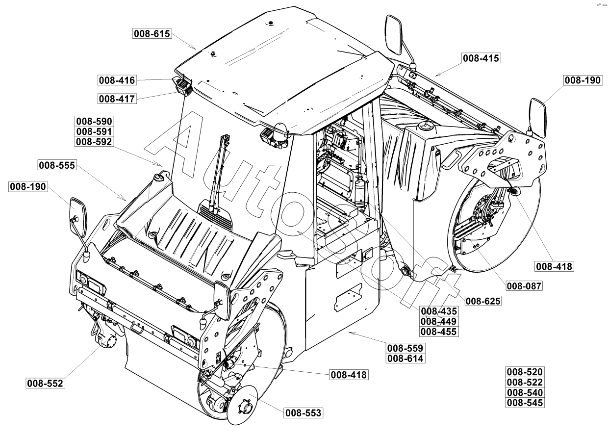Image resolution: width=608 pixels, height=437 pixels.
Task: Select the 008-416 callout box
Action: click(x=117, y=80)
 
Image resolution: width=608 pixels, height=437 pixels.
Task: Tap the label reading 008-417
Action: click(x=117, y=99)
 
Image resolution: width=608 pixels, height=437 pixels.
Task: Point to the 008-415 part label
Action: click(x=481, y=58)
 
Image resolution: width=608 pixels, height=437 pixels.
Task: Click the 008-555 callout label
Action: click(x=57, y=165)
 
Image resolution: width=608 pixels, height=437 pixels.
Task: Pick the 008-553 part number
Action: click(x=304, y=413)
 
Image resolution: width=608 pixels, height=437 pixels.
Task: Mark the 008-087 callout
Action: click(x=525, y=286)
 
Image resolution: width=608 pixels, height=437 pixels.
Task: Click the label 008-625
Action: click(x=483, y=301)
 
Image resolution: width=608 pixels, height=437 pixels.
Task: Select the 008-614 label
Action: click(x=405, y=358)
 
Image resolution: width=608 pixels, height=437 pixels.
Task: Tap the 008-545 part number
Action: click(x=525, y=403)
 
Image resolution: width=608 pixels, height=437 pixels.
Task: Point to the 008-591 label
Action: click(x=94, y=131)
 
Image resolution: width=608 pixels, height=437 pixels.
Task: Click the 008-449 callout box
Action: click(x=439, y=321)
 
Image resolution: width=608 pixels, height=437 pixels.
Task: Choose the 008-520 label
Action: click(x=525, y=372)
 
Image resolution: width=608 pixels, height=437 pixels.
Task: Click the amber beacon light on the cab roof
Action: click(x=281, y=130)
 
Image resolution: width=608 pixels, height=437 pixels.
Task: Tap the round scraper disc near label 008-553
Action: click(x=244, y=406)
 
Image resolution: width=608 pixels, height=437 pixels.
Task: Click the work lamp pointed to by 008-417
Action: click(x=184, y=87)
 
